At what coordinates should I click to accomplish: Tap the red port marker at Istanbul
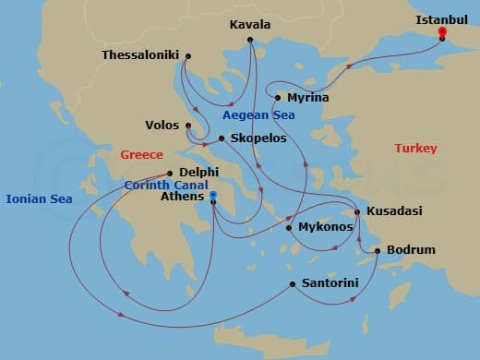tap(442, 33)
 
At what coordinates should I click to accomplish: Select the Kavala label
tap(250, 25)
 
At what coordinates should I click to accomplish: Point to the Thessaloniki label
tap(140, 55)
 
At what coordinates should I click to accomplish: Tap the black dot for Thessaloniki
tap(187, 56)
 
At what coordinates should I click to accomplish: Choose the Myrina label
tap(306, 97)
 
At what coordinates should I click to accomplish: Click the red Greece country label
tap(141, 155)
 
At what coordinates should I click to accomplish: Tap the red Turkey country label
tap(415, 149)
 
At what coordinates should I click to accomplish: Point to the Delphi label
tap(199, 172)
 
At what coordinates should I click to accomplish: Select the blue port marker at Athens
tap(212, 196)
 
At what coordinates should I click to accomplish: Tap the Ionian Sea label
tap(38, 198)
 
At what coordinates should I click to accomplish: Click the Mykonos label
tap(326, 226)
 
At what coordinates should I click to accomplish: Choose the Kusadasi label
tap(394, 211)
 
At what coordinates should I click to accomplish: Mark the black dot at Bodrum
tap(378, 250)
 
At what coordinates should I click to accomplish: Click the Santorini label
tap(330, 283)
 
